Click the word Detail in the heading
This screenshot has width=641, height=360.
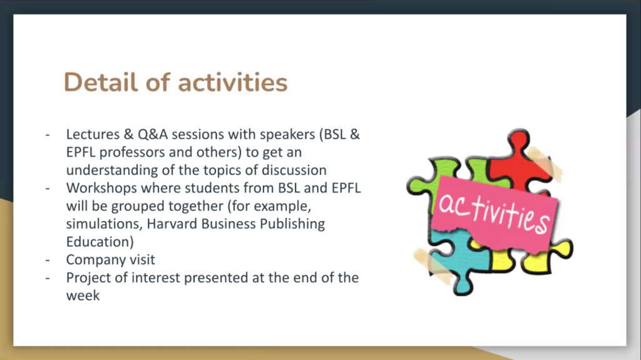click(101, 82)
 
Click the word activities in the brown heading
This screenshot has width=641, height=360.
click(233, 82)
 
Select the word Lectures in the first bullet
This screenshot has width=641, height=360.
click(93, 134)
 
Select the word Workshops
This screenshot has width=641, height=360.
click(102, 188)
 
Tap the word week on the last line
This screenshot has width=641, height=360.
click(83, 296)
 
